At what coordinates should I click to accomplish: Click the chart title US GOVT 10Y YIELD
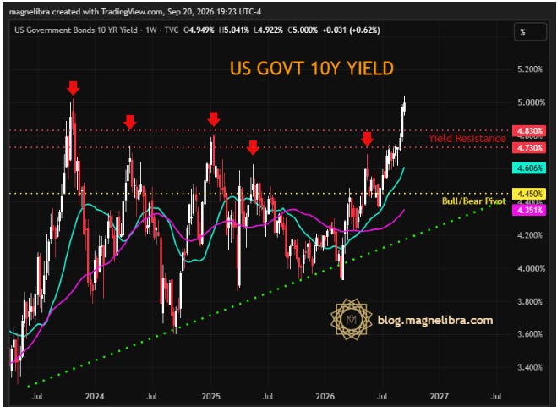(x=312, y=69)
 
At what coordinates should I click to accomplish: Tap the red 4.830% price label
(x=529, y=131)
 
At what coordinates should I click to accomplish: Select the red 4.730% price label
(x=529, y=147)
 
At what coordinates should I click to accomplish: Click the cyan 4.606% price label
(x=529, y=168)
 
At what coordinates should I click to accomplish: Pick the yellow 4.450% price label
(x=529, y=194)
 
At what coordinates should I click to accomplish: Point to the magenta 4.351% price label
(x=529, y=210)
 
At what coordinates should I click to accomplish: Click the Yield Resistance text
(x=467, y=139)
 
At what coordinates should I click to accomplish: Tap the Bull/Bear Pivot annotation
(x=473, y=201)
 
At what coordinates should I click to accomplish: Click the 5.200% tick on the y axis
(x=530, y=69)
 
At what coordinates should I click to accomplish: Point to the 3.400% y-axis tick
(x=530, y=367)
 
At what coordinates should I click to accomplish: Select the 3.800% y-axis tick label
(x=530, y=302)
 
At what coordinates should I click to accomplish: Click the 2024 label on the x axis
(x=95, y=396)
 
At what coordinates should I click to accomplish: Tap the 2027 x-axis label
(x=440, y=396)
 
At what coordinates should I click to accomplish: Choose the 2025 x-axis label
(x=211, y=396)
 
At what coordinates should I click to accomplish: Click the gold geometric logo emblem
(x=352, y=319)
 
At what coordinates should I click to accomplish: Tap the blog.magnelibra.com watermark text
(x=435, y=320)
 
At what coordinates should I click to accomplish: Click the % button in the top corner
(x=530, y=32)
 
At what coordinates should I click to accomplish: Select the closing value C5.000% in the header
(x=303, y=30)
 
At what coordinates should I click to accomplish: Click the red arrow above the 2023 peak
(x=74, y=88)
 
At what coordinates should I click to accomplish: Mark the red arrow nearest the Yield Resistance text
(x=367, y=139)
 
